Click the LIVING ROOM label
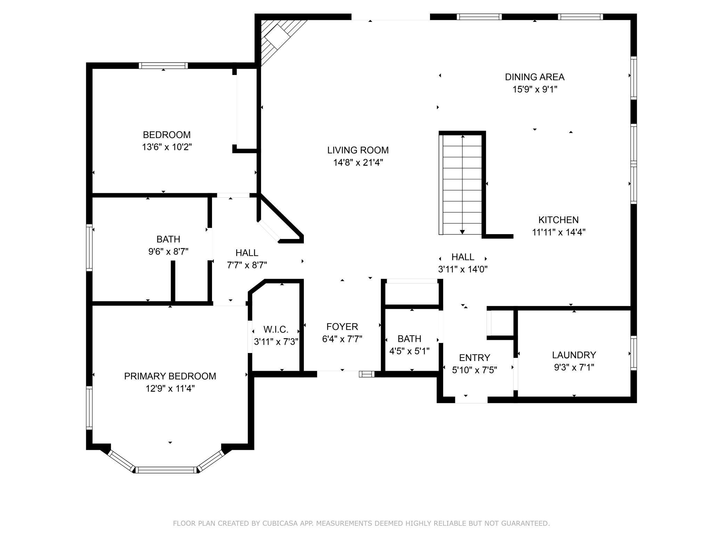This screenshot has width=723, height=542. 358,150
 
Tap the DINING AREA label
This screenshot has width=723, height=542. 535,77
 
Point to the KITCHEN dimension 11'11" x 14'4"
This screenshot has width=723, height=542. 559,232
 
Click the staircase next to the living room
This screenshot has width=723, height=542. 462,184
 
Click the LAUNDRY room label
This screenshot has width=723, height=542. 574,355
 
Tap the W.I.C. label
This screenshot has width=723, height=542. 276,329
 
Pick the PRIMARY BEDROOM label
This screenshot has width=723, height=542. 170,376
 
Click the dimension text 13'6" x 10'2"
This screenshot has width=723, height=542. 167,147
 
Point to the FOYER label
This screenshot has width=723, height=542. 342,327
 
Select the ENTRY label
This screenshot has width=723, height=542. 474,358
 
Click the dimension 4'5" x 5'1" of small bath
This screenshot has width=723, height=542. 409,351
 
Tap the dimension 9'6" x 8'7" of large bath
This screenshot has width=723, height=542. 168,251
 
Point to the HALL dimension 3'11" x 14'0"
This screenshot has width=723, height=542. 463,269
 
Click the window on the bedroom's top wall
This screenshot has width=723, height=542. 163,65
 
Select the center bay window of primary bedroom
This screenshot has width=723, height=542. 166,470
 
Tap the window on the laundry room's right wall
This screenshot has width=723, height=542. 634,353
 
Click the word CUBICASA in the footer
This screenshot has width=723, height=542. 282,523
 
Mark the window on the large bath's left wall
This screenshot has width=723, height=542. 89,248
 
